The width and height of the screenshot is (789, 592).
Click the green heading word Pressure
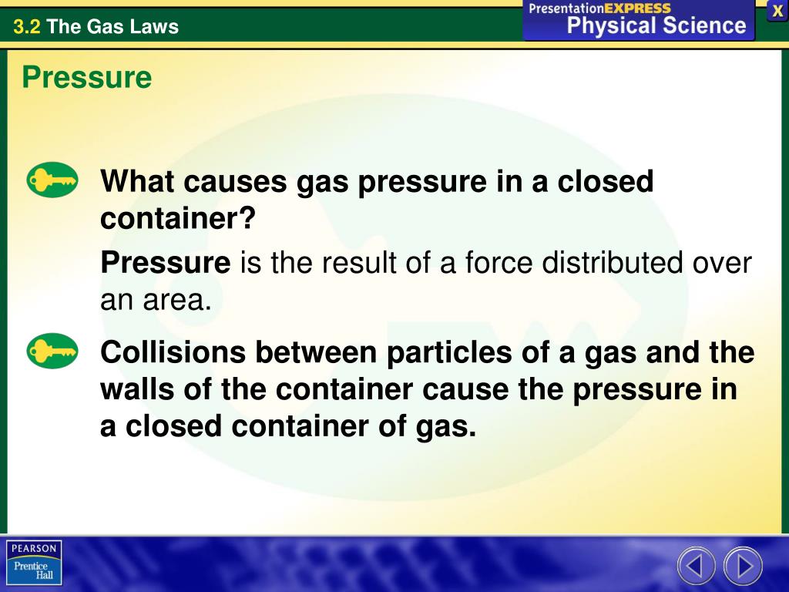tap(86, 78)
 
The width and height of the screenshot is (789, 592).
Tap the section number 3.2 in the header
tap(27, 27)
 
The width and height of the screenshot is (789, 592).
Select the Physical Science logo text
tap(656, 26)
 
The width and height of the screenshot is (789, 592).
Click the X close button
tap(777, 11)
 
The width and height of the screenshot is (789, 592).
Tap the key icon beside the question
tap(52, 181)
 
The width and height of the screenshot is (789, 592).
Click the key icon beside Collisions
tap(52, 351)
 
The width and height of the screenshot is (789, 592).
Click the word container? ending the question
tap(177, 220)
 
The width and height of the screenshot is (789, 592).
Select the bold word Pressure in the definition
tap(166, 264)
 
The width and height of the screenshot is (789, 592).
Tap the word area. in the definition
tap(176, 300)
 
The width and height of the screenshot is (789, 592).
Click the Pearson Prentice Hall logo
tap(34, 562)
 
